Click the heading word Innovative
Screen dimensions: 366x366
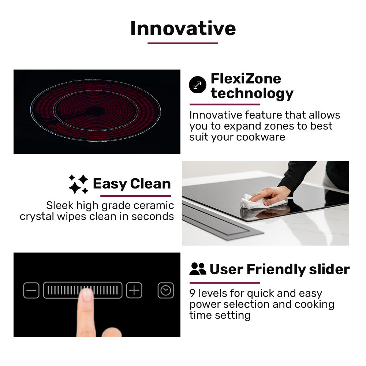183,28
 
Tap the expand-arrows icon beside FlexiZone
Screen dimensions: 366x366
197,85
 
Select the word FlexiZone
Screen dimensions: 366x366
246,78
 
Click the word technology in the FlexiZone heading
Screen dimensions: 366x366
252,94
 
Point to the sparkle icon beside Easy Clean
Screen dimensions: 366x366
78,184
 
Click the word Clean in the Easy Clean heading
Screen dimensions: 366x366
150,184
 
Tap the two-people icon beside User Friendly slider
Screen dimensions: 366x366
198,269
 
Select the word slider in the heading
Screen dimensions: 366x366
329,269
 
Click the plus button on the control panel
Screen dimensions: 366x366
134,291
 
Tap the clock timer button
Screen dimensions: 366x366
165,291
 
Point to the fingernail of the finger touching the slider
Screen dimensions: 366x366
87,295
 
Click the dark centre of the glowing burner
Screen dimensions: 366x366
96,111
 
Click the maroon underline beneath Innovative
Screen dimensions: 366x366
183,43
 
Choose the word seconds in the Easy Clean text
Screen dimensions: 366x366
153,216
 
